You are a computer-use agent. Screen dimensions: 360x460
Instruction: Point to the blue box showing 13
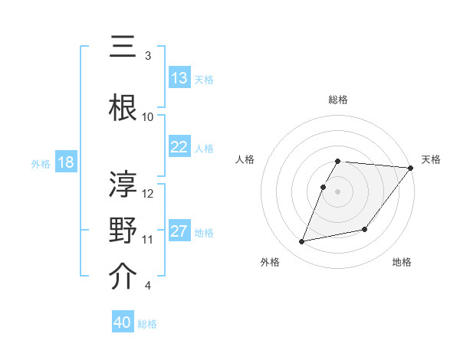(179, 78)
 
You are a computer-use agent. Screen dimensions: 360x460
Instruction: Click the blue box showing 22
(179, 147)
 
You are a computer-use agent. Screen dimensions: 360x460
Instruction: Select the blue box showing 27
(179, 231)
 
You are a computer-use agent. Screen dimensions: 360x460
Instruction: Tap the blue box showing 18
(65, 162)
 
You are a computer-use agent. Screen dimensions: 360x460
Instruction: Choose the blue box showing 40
(123, 322)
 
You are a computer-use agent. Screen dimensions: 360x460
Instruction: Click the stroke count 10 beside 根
(148, 116)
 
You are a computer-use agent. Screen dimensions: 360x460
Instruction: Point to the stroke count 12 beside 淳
(148, 193)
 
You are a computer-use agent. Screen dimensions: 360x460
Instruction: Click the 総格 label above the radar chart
(338, 100)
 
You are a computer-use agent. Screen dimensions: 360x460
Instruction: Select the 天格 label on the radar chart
(431, 159)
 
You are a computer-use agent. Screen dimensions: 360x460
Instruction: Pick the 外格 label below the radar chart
(270, 262)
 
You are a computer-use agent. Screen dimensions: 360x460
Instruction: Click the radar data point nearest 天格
(411, 168)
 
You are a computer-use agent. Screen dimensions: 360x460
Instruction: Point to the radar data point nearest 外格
(302, 241)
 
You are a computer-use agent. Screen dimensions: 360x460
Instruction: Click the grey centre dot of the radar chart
(338, 191)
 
